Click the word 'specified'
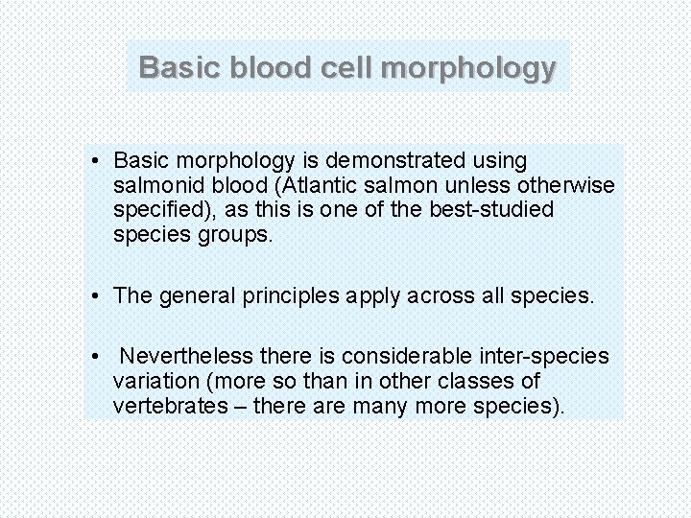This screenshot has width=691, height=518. tap(155, 209)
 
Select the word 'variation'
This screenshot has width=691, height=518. tap(152, 382)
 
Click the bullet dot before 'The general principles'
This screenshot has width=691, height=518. tap(99, 295)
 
